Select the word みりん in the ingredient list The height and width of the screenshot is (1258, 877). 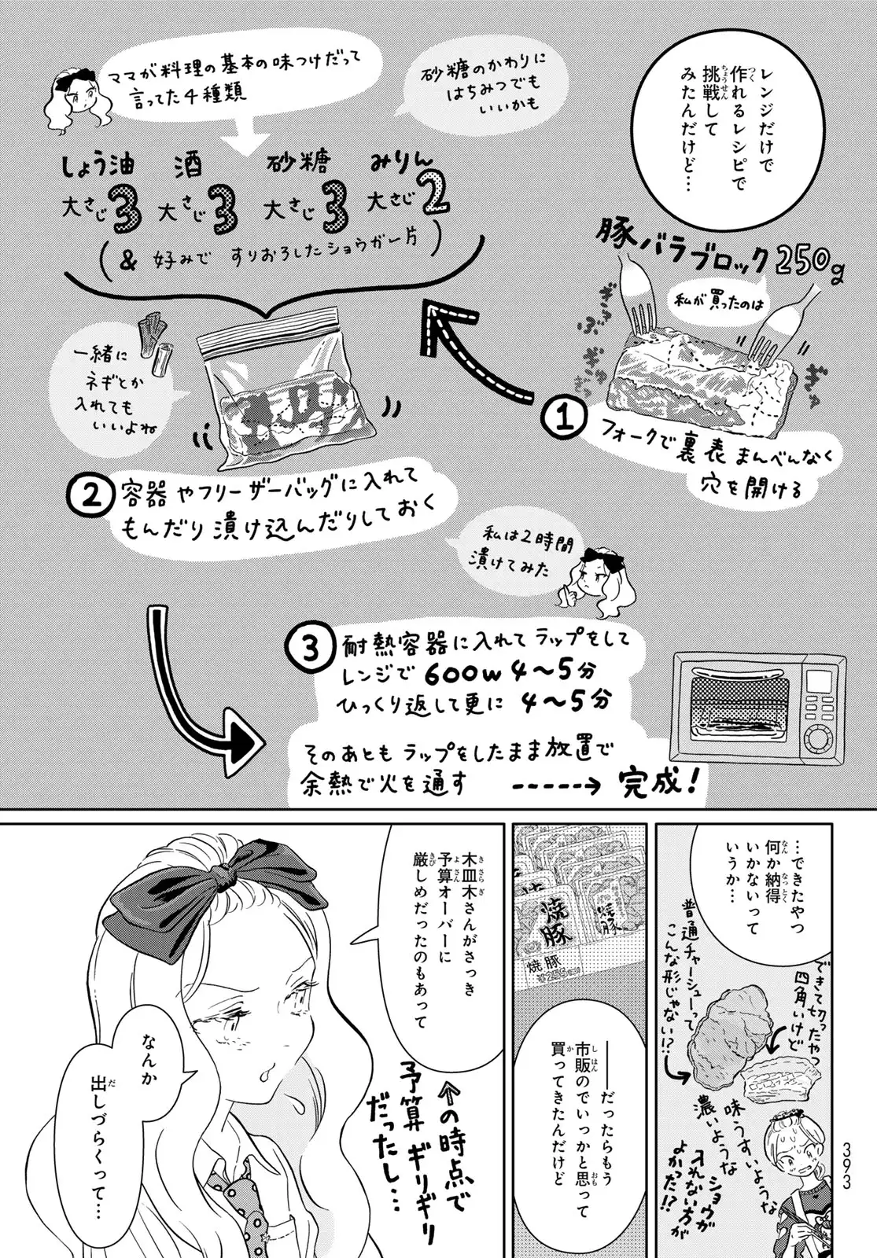pyautogui.click(x=403, y=164)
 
